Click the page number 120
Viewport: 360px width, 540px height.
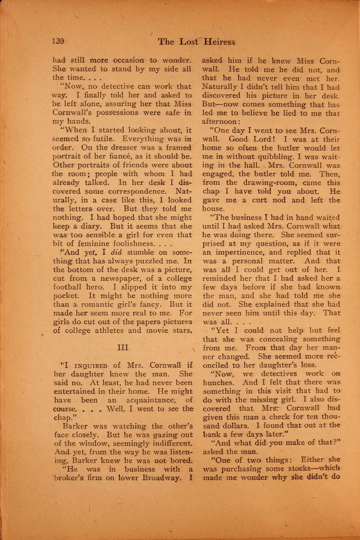pos(58,41)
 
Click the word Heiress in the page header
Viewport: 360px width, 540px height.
pos(219,42)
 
